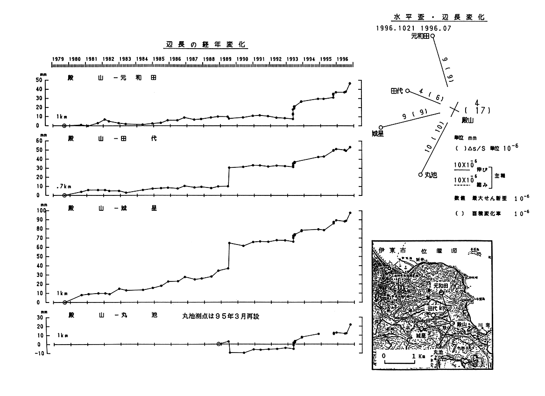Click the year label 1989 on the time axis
[x=226, y=59]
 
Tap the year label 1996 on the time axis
[x=343, y=59]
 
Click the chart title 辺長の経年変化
[x=207, y=45]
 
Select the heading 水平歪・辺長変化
[x=439, y=17]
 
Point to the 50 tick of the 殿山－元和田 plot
[x=41, y=80]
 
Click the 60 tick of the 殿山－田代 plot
[x=41, y=141]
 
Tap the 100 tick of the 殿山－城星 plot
[x=40, y=211]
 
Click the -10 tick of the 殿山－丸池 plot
[x=40, y=353]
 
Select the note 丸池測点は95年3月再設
[x=220, y=317]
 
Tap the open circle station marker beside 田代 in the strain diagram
[x=407, y=91]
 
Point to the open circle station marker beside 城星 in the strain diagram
[x=381, y=127]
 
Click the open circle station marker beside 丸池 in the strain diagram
[x=420, y=175]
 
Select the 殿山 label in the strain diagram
[x=467, y=120]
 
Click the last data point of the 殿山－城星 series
[x=350, y=213]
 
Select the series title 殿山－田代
[x=113, y=139]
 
